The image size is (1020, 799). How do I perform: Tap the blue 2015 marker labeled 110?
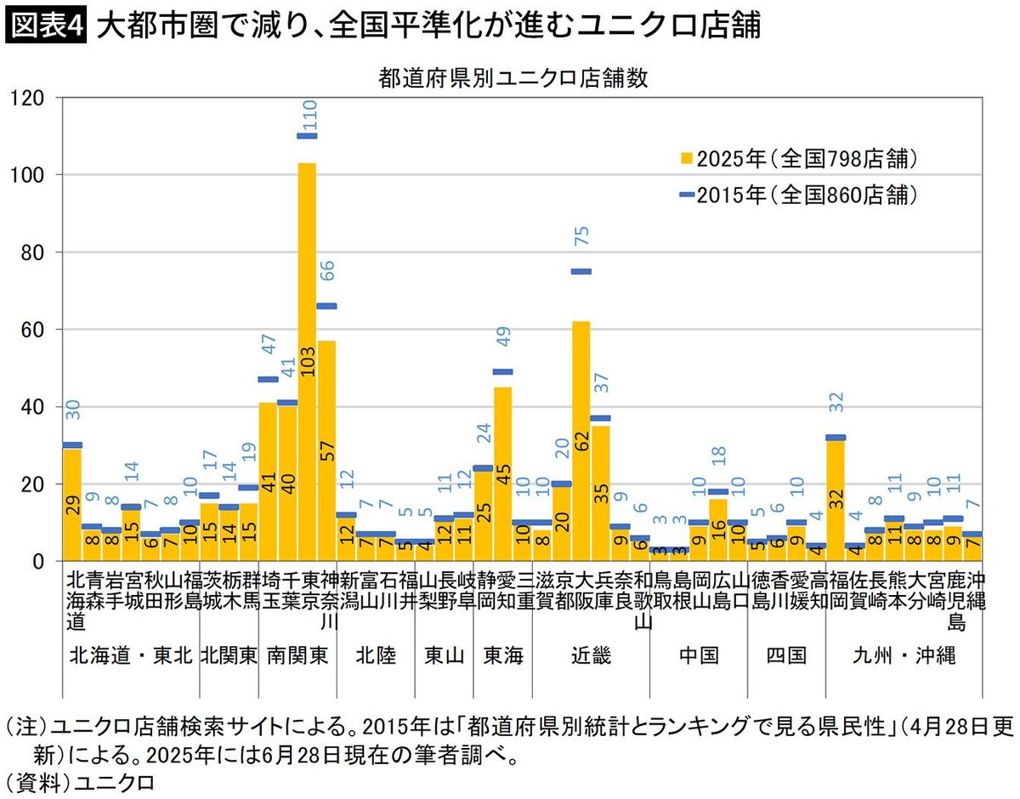click(x=307, y=136)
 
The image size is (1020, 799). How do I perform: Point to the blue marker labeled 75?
click(x=581, y=272)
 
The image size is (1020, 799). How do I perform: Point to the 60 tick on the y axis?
click(x=32, y=330)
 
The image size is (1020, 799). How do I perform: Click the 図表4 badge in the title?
click(x=46, y=26)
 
